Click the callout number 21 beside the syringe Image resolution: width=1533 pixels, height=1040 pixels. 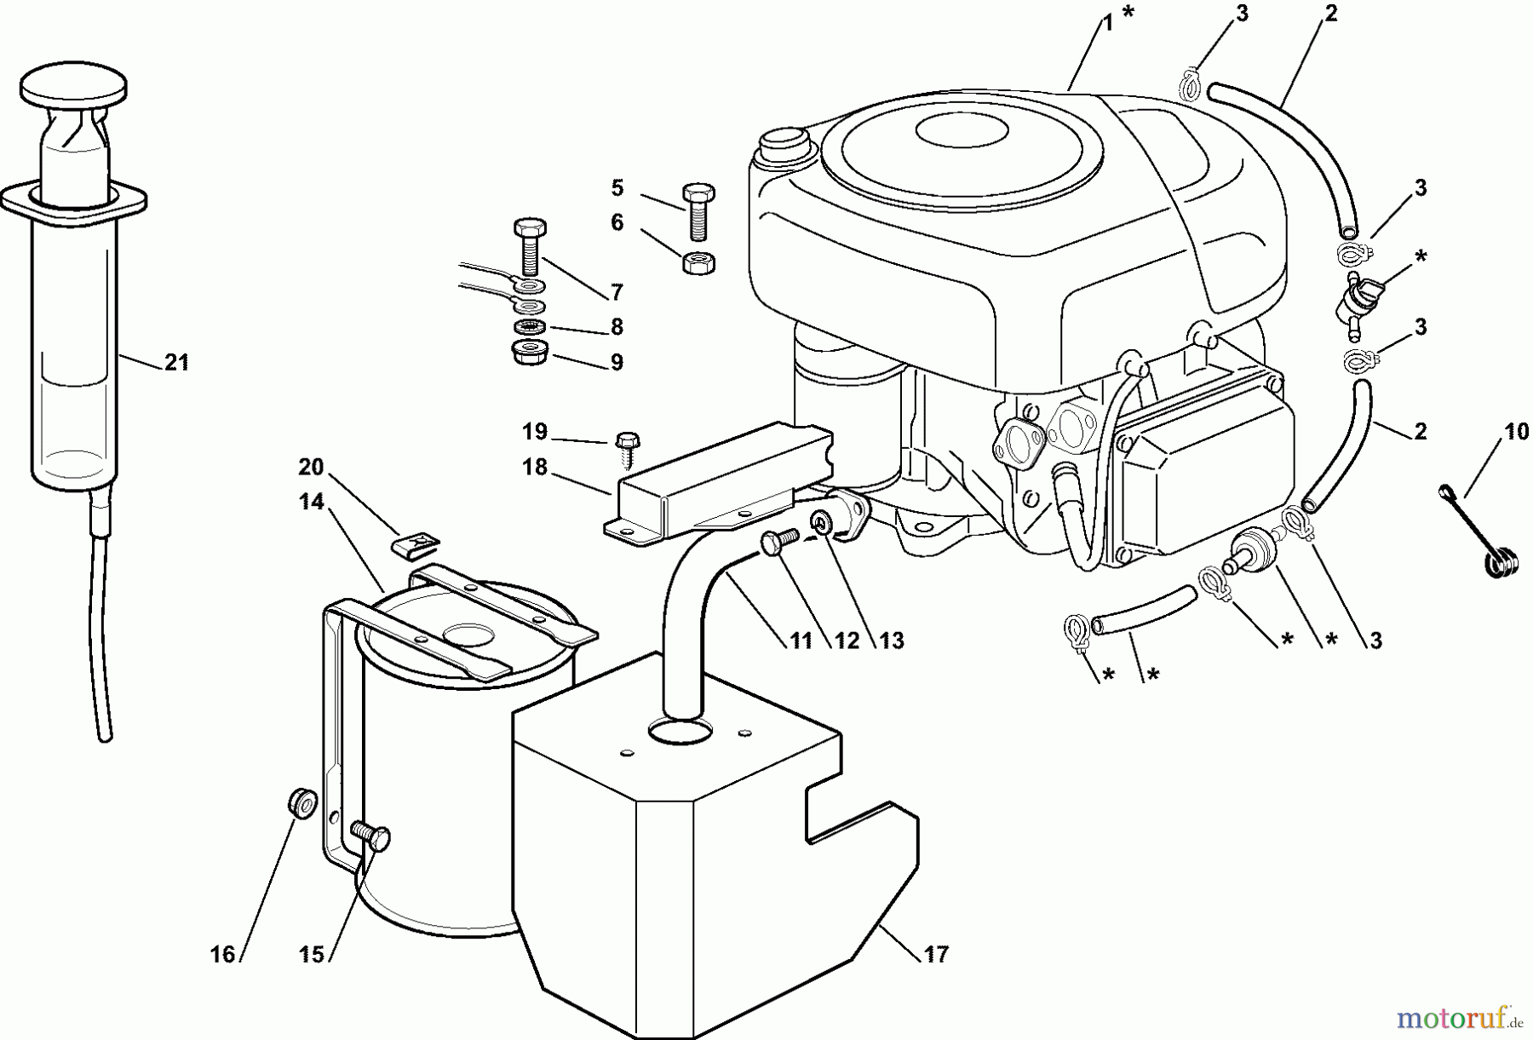[176, 363]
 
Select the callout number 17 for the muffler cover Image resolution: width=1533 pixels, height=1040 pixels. [936, 955]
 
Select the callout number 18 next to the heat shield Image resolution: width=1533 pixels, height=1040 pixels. [535, 468]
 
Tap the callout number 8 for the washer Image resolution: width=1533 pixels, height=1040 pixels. [617, 327]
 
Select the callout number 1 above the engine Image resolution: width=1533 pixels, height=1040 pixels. [1107, 23]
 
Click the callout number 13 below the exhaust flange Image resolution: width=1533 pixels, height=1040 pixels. [891, 641]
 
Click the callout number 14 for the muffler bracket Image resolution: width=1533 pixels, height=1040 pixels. [312, 502]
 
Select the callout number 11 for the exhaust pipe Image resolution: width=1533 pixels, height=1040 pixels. [801, 641]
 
